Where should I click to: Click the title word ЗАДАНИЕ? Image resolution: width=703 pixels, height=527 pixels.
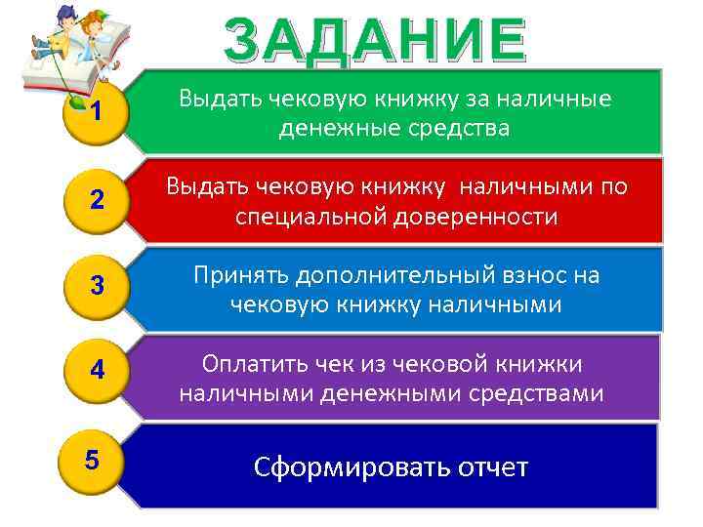coord(374,39)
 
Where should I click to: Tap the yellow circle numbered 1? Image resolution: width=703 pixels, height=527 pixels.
coord(94,113)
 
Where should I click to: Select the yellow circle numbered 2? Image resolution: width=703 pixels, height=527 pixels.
coord(96,200)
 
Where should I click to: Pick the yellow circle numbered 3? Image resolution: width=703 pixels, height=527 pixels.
coord(96,286)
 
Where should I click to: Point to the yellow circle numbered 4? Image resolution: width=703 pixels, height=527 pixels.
coord(96,370)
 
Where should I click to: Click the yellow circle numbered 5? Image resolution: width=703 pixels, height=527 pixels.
coord(92,459)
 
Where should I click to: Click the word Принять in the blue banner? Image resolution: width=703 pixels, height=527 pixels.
coord(239,276)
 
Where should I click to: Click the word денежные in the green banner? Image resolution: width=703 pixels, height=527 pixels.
coord(325,129)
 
